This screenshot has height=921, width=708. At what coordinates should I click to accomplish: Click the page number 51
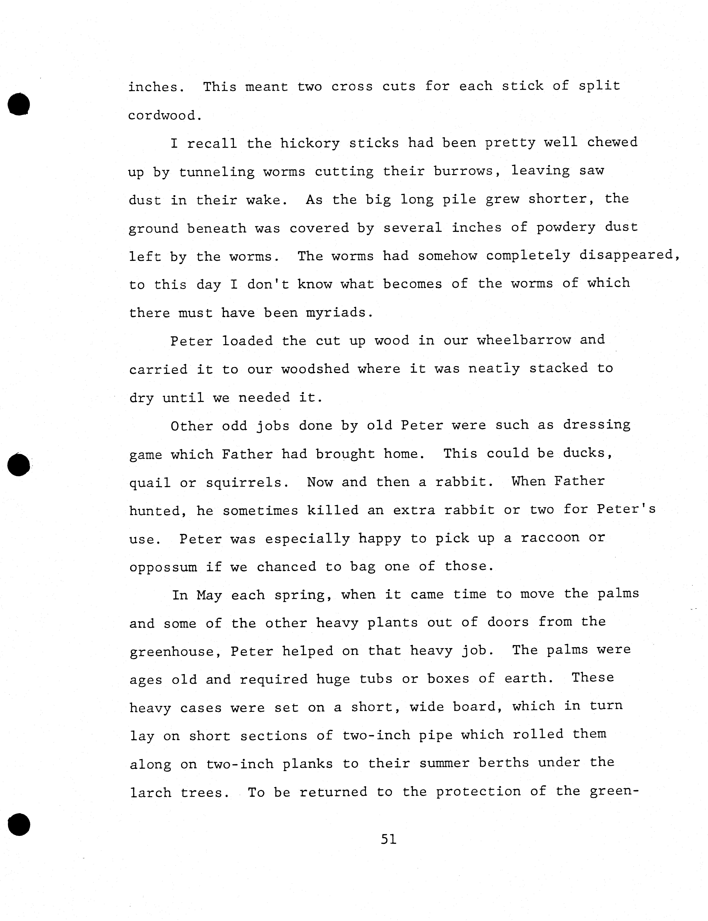388,839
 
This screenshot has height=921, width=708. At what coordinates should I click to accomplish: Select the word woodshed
315,369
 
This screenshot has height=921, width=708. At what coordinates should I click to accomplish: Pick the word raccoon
550,538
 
